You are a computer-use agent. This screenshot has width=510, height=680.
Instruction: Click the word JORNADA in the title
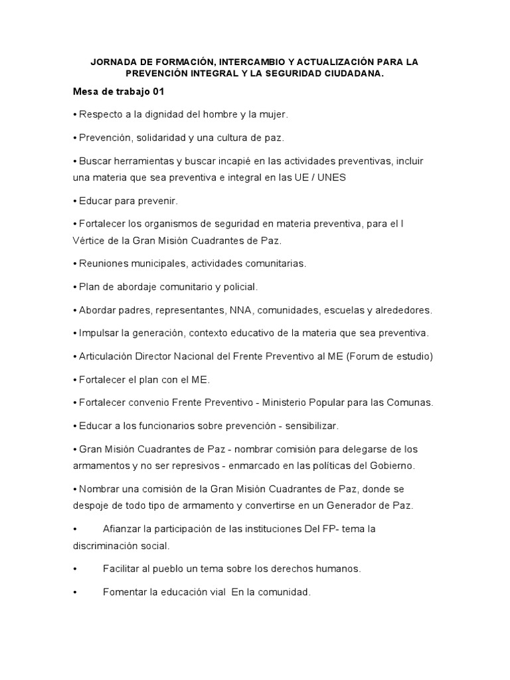[x=114, y=62]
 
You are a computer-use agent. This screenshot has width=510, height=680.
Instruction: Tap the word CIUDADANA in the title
[x=350, y=74]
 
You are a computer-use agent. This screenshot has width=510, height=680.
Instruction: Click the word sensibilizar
[x=309, y=426]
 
